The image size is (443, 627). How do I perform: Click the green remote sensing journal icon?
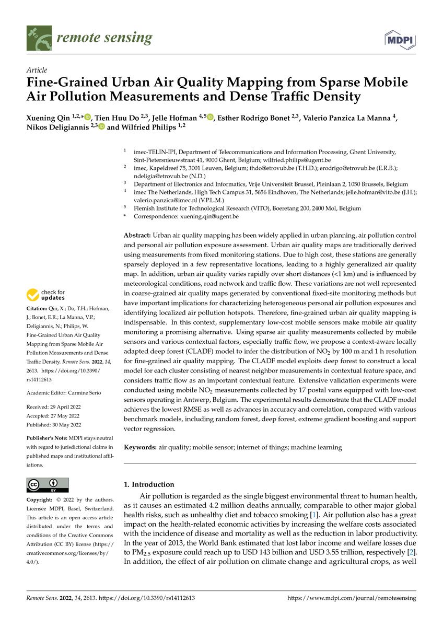[x=39, y=38]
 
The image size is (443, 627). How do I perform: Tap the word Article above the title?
[x=36, y=70]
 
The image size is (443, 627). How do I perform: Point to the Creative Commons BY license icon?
[x=48, y=485]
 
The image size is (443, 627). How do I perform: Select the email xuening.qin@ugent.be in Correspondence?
[x=209, y=216]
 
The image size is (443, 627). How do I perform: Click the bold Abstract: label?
[x=137, y=236]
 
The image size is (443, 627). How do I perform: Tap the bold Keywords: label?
[x=140, y=447]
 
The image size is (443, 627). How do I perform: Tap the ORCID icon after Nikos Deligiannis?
[x=101, y=127]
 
